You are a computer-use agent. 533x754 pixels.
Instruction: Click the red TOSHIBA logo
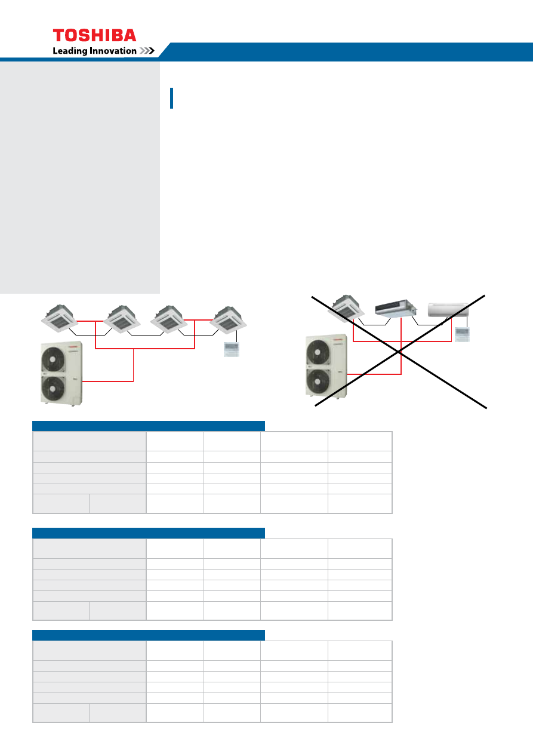(x=94, y=35)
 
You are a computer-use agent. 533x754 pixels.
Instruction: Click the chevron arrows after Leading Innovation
(x=147, y=51)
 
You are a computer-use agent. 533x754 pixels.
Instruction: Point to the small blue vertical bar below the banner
(x=172, y=98)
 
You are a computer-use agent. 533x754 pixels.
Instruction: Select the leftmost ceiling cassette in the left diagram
(x=59, y=318)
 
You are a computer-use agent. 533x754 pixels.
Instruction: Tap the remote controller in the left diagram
(x=232, y=349)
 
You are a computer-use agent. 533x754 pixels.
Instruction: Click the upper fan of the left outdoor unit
(x=53, y=359)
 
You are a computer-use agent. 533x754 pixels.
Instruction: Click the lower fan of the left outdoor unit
(x=53, y=389)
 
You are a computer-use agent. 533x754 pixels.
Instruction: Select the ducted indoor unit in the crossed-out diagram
(x=396, y=308)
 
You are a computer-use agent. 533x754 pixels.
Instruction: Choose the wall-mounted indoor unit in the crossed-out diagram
(x=448, y=310)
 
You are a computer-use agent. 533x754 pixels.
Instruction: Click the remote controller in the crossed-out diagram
(x=462, y=334)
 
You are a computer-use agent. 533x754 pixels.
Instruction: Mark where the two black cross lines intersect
(x=399, y=352)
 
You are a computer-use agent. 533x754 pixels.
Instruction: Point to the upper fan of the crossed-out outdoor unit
(x=318, y=352)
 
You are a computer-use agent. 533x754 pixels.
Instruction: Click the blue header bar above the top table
(x=149, y=426)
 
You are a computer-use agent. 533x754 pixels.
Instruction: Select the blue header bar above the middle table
(x=149, y=533)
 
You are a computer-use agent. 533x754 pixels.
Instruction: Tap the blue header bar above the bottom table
(x=149, y=635)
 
